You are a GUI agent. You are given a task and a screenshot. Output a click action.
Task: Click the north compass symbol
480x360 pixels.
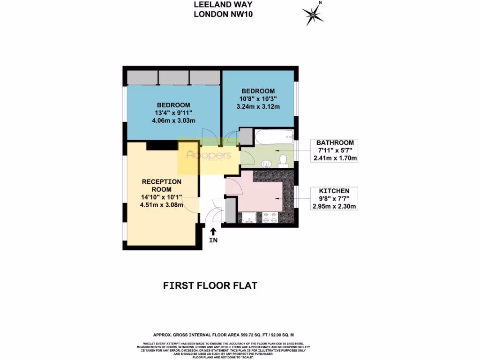[x=313, y=15]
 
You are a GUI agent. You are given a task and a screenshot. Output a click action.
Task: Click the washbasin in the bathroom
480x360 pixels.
[x=266, y=164]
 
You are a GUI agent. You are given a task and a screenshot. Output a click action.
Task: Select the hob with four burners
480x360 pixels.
[x=270, y=217]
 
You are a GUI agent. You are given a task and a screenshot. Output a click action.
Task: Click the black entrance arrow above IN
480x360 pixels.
[x=213, y=231]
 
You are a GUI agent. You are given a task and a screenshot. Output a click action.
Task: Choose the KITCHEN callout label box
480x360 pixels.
[x=334, y=198]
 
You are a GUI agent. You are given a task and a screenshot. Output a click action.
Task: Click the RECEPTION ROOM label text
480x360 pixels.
[x=161, y=185]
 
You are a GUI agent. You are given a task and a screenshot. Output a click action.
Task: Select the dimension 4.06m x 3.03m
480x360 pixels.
[x=173, y=120]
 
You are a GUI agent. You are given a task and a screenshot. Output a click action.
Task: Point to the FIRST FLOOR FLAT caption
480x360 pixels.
[x=210, y=285]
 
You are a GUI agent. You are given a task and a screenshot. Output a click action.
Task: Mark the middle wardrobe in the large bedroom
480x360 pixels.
[x=173, y=77]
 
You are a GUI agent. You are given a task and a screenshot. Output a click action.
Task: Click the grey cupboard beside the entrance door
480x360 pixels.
[x=231, y=210]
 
